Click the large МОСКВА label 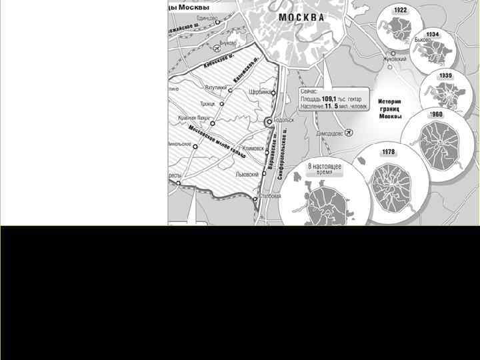pos(301,17)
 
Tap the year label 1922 pos(401,10)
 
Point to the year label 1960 pos(436,114)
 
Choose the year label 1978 pos(388,153)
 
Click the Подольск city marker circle pos(268,122)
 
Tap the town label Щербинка pos(259,92)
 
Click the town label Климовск pos(254,149)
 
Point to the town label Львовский pos(247,175)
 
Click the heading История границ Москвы pos(391,105)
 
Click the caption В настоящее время pos(324,167)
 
